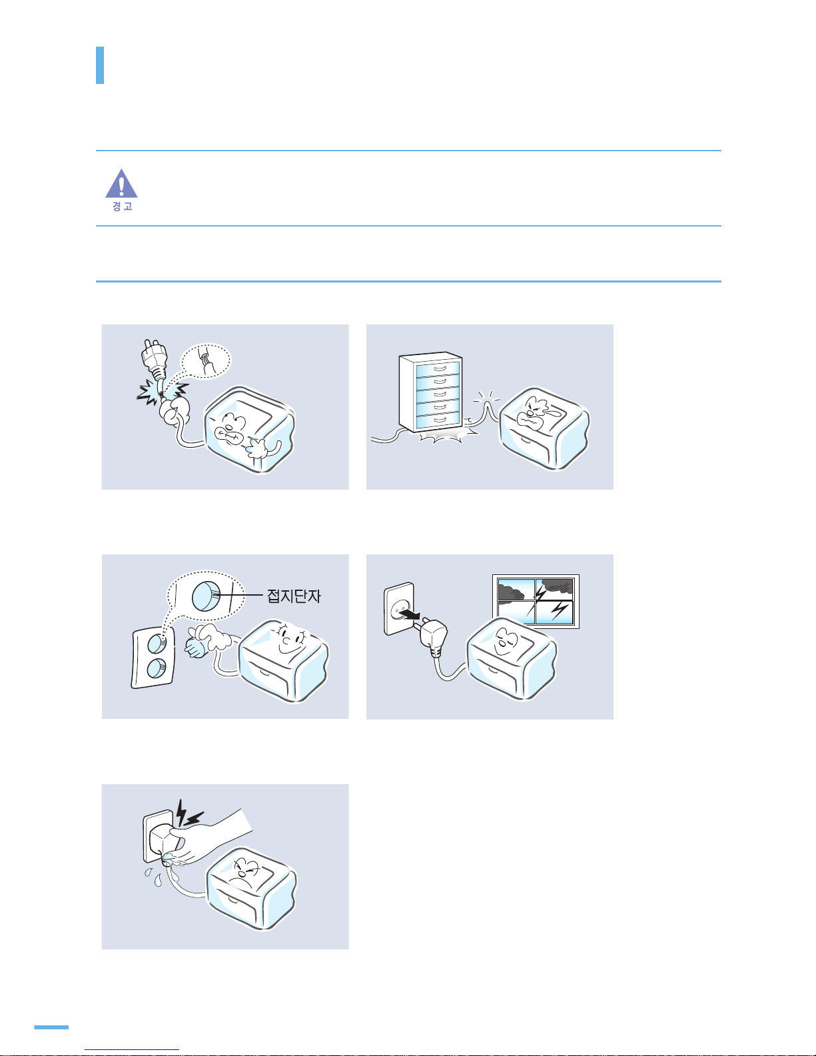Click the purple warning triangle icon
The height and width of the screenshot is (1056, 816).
[121, 184]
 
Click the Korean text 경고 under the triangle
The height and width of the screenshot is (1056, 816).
[122, 207]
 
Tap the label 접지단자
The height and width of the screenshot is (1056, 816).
[294, 596]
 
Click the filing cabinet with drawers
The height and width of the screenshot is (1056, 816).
[431, 392]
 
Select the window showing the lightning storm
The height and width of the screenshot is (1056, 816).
[536, 601]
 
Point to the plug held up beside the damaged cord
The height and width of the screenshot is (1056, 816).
[153, 358]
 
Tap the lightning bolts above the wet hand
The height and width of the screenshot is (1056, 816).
[189, 814]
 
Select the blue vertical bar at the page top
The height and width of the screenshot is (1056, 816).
[100, 65]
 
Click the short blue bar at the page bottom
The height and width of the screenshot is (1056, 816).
[51, 1027]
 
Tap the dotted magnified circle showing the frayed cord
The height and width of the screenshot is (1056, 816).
[206, 360]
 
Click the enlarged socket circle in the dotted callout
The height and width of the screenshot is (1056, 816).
[206, 596]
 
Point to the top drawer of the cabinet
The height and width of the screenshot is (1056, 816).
[438, 368]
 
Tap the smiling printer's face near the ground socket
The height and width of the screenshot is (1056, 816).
[290, 641]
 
